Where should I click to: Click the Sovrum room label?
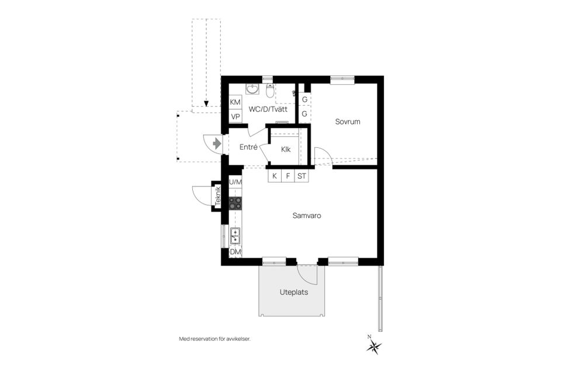tap(347, 122)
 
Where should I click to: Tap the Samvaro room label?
tap(307, 216)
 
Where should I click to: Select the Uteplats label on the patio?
tap(293, 292)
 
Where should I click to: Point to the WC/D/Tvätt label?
tap(268, 109)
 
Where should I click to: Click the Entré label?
tap(248, 147)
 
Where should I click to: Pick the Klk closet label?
tap(286, 149)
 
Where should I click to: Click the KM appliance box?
tap(236, 102)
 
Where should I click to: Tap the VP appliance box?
tap(236, 116)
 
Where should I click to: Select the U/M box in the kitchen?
tap(236, 182)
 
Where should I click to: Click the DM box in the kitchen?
tap(236, 252)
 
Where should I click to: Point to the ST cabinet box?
tap(302, 175)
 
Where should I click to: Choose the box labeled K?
tap(275, 175)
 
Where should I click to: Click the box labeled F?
tap(288, 175)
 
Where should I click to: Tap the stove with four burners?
tap(236, 203)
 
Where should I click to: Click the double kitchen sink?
tap(236, 236)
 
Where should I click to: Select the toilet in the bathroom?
tap(270, 91)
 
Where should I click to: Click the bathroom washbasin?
tap(252, 89)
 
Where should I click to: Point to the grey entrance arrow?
tap(217, 143)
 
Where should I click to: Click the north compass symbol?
tap(373, 346)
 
